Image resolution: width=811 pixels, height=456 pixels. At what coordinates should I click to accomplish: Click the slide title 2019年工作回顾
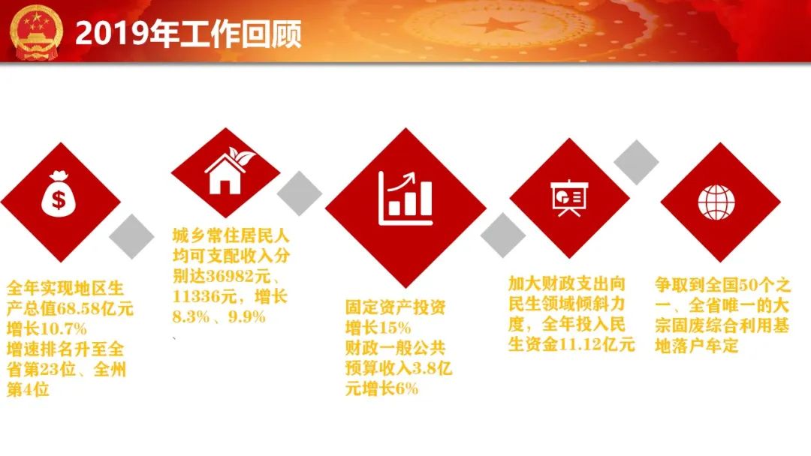tap(188, 34)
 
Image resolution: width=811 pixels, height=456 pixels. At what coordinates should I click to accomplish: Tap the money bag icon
tap(59, 193)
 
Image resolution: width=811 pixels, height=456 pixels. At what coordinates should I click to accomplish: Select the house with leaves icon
tap(230, 170)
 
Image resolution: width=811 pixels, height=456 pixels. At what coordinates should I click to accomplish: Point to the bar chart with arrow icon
tap(405, 198)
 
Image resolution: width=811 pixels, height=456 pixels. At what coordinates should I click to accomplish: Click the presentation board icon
tap(569, 198)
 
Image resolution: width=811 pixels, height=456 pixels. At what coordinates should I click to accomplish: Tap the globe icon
tap(716, 202)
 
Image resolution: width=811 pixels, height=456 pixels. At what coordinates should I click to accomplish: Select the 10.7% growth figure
tap(63, 329)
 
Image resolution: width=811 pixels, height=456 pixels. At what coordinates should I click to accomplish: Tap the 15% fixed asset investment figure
tap(395, 328)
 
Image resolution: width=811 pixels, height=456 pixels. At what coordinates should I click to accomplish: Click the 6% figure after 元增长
tap(407, 388)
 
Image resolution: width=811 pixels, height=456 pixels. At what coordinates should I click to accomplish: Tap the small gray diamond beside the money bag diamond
tap(131, 236)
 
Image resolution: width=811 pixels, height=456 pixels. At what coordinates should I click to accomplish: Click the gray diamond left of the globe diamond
tap(636, 162)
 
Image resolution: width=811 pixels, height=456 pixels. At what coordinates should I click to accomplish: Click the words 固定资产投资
tap(395, 307)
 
